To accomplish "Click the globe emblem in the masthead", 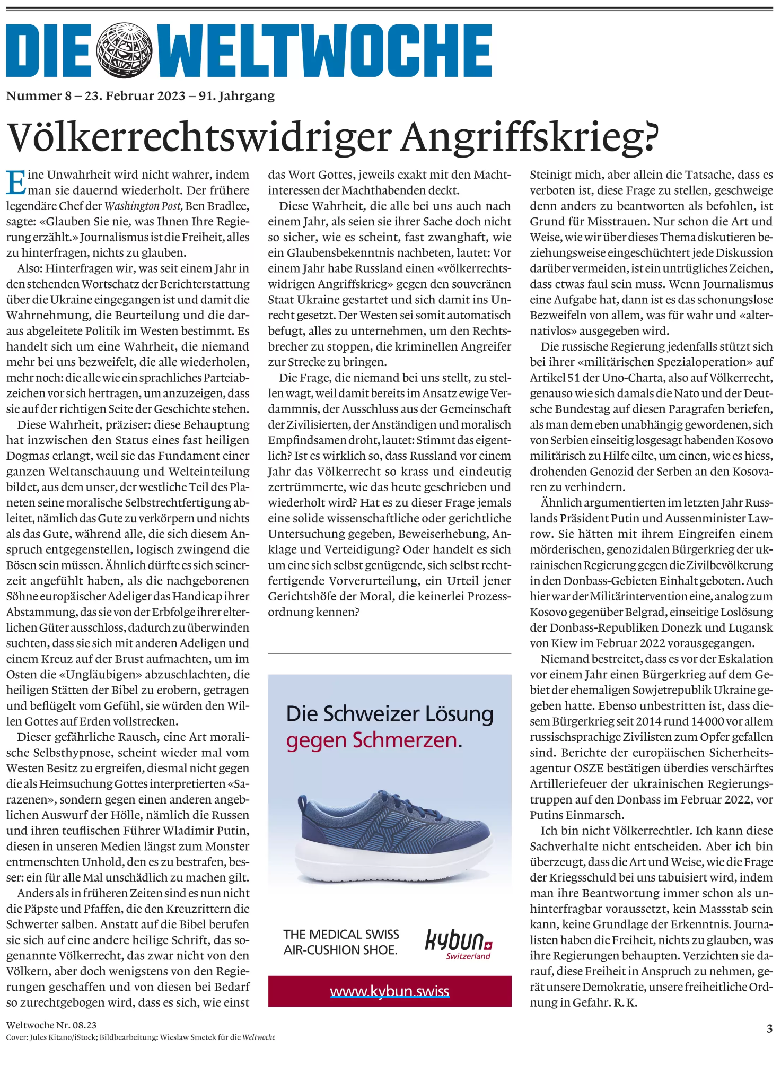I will (124, 51).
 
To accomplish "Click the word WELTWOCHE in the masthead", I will (324, 51).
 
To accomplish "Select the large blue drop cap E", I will (15, 182).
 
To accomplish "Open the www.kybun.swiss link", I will (389, 991).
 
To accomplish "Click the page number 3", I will (769, 1028).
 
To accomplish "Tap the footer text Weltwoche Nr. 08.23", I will (51, 1025).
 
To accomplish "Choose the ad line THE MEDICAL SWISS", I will (341, 934).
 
